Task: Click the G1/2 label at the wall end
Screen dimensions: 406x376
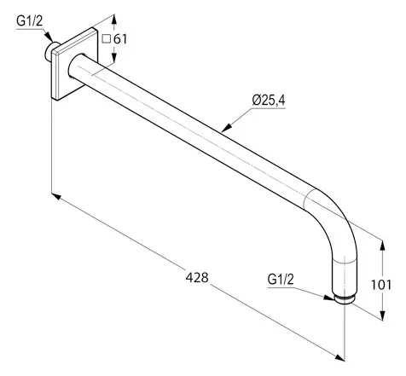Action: (29, 21)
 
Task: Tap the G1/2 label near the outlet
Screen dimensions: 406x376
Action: (281, 280)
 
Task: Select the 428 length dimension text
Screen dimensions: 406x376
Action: (197, 277)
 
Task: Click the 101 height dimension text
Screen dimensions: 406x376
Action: (381, 285)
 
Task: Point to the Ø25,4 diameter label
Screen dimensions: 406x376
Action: (269, 101)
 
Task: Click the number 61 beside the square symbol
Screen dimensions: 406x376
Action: (120, 39)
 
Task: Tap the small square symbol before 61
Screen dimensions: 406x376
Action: (106, 39)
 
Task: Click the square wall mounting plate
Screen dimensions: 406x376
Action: (74, 64)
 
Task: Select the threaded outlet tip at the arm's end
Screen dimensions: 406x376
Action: (345, 299)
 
